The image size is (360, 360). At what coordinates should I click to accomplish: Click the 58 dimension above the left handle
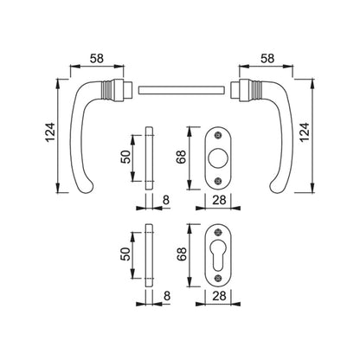pyautogui.click(x=96, y=59)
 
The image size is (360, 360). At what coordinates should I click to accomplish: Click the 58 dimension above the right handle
pyautogui.click(x=267, y=59)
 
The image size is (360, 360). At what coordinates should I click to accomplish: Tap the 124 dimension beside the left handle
pyautogui.click(x=50, y=132)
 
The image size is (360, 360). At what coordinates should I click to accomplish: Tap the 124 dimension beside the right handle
pyautogui.click(x=305, y=132)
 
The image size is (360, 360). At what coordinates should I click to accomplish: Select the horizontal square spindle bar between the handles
pyautogui.click(x=182, y=90)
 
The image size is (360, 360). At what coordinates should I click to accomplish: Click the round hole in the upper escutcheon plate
pyautogui.click(x=218, y=158)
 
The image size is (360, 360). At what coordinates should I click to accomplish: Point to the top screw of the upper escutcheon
pyautogui.click(x=218, y=135)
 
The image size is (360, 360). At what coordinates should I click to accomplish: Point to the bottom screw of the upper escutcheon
pyautogui.click(x=218, y=181)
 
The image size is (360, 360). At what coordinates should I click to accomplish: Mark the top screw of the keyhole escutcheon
pyautogui.click(x=218, y=232)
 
